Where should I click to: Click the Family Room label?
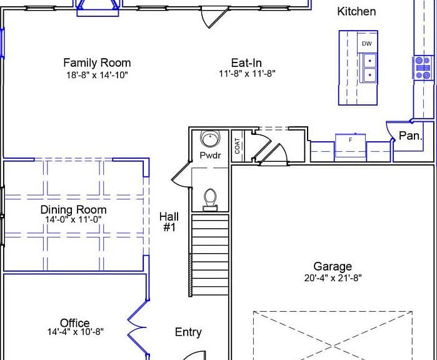[x=97, y=63]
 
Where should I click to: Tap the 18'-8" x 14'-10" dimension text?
[x=97, y=75]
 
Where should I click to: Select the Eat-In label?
[x=246, y=63]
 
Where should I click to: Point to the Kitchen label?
[x=356, y=11]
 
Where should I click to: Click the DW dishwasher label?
[x=367, y=44]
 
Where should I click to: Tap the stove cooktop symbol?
[x=423, y=68]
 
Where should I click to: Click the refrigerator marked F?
[x=350, y=146]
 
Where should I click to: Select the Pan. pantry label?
[x=411, y=136]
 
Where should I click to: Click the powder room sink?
[x=210, y=138]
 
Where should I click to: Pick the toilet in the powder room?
[x=211, y=200]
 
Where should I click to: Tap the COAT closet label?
[x=238, y=146]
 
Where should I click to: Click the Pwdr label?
[x=211, y=155]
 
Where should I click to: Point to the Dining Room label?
[x=73, y=209]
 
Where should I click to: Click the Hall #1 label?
[x=169, y=222]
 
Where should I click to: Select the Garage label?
[x=333, y=266]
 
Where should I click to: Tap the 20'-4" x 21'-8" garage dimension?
[x=333, y=277]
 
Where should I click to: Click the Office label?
[x=74, y=323]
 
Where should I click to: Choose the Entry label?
[x=188, y=332]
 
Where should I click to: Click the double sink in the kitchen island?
[x=369, y=68]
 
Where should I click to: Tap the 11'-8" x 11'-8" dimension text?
[x=247, y=74]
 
